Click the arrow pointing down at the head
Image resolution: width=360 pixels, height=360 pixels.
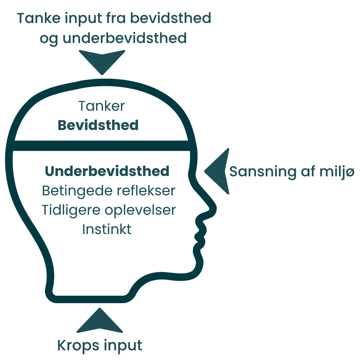coord(102,61)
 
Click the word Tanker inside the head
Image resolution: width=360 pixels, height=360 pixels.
coord(101,106)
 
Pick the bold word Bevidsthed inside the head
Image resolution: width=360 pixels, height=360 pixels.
coord(98,125)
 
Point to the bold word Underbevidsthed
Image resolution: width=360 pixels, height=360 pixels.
coord(107,171)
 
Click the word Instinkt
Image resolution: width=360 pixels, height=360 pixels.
coord(107,229)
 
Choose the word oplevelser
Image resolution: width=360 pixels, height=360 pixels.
coord(140,210)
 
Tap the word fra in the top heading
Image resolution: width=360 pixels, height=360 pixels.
coord(116,18)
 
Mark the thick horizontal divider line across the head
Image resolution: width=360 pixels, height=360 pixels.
coord(101,146)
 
